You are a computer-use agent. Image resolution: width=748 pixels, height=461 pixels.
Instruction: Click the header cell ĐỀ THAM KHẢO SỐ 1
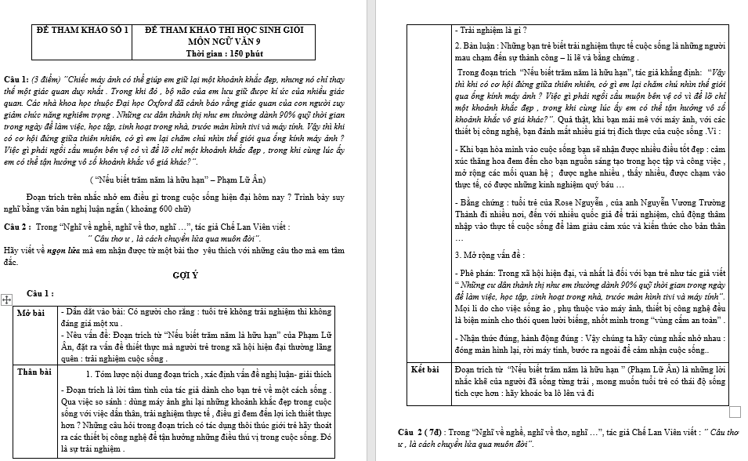tap(81, 28)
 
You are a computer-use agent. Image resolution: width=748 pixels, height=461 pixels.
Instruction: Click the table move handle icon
tap(7, 299)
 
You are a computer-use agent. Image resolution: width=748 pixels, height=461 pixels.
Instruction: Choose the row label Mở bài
tap(31, 313)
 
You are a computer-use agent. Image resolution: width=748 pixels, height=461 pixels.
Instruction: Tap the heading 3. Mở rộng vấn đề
tap(490, 255)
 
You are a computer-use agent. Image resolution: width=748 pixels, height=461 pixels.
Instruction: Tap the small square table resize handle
tap(735, 412)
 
